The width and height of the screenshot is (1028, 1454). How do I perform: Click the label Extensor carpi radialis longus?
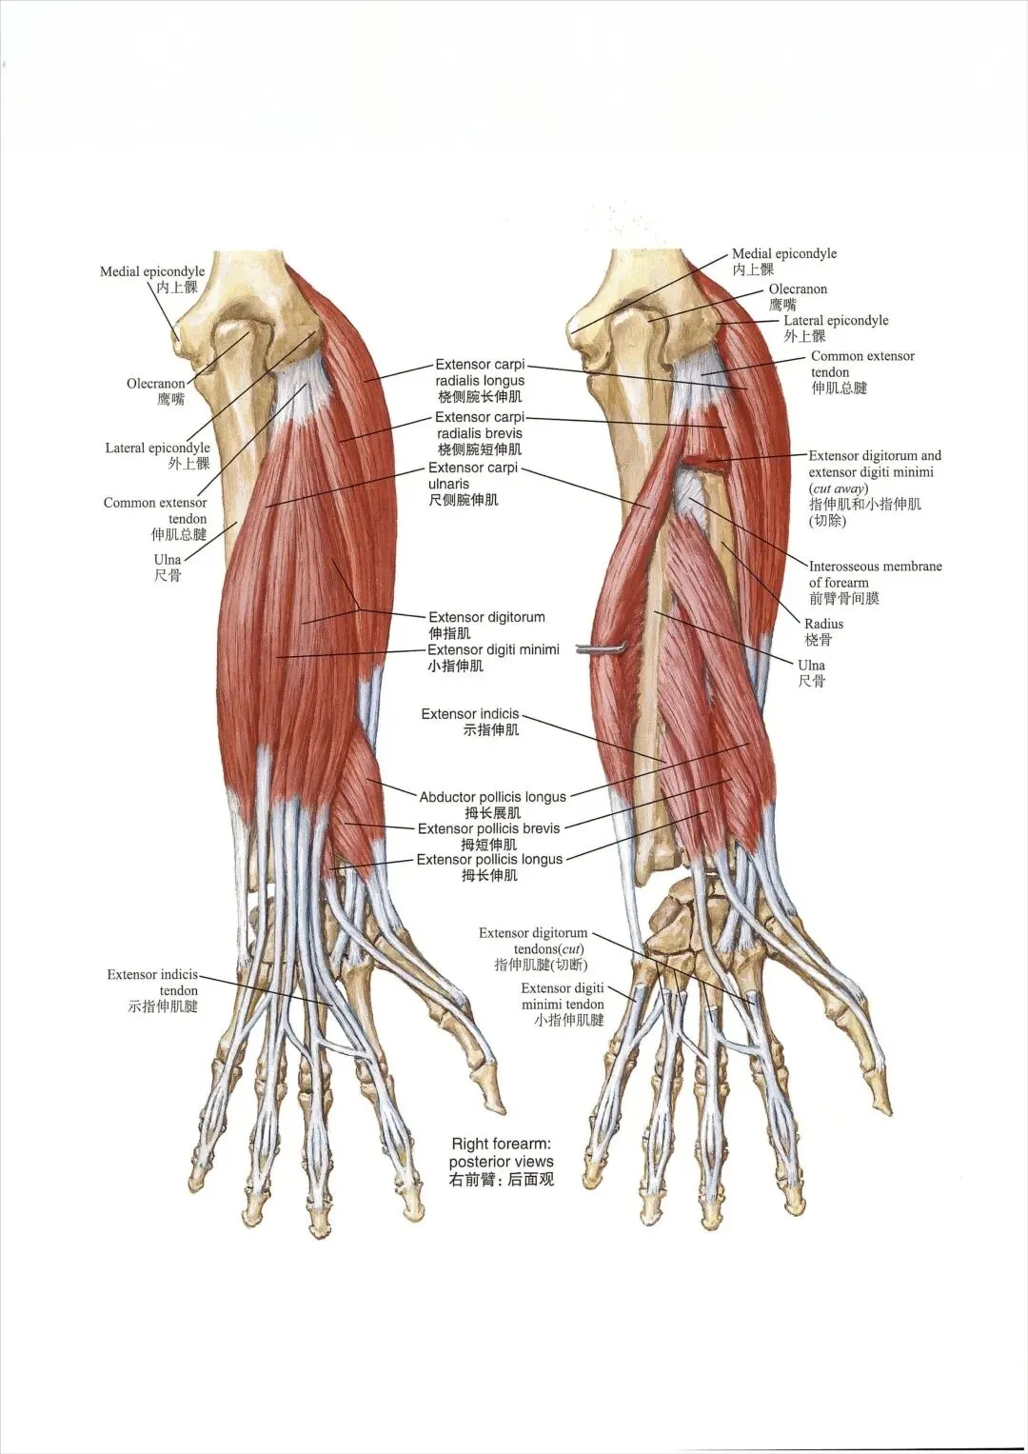(x=480, y=372)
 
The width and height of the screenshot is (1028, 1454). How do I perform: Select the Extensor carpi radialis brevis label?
(x=479, y=425)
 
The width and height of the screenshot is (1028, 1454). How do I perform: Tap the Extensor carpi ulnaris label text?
(x=473, y=475)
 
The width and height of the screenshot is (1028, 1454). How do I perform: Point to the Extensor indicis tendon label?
(x=153, y=982)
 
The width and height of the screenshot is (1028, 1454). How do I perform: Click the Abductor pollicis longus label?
(x=492, y=796)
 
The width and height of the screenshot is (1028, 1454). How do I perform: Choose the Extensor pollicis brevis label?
(x=488, y=828)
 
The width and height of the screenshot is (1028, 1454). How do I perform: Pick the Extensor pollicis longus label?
(x=489, y=859)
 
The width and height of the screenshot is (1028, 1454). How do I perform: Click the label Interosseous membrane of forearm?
(x=875, y=574)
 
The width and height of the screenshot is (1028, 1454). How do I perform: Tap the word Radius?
(x=823, y=624)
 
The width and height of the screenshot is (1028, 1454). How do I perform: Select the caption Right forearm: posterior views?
(x=502, y=1152)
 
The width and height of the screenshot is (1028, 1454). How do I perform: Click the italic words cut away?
(x=838, y=488)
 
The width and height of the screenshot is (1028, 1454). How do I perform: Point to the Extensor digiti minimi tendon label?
(x=563, y=996)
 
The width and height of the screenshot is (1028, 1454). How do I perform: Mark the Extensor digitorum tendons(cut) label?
(x=533, y=941)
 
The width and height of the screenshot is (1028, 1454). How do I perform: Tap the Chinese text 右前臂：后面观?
(x=502, y=1180)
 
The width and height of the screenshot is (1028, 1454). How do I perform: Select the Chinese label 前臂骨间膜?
(x=844, y=598)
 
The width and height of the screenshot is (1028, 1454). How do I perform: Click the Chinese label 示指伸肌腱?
(x=163, y=1006)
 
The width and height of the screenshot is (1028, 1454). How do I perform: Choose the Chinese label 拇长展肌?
(x=492, y=813)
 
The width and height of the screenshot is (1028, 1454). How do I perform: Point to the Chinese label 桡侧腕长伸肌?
(x=480, y=396)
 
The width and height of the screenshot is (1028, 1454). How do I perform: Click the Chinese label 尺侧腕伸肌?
(x=464, y=500)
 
